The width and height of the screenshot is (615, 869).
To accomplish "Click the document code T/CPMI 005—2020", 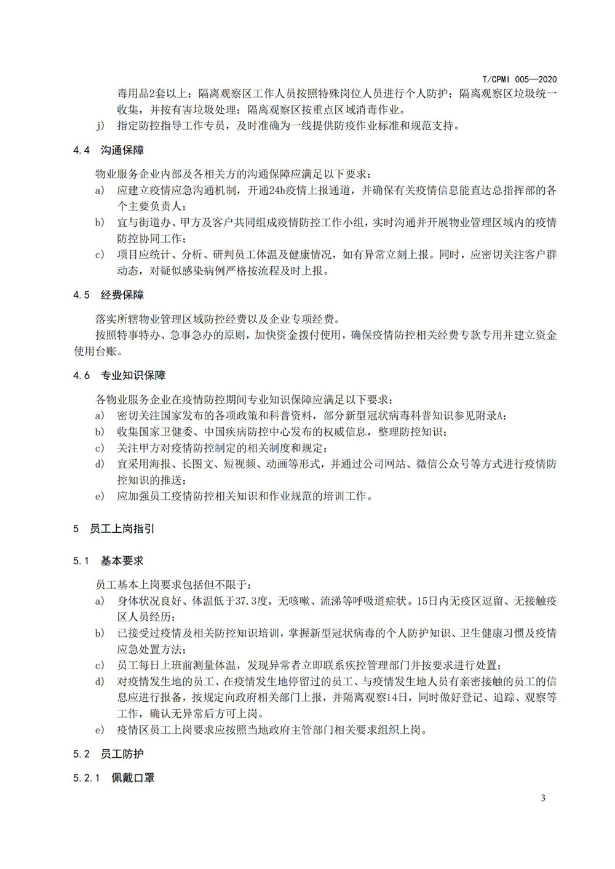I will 519,80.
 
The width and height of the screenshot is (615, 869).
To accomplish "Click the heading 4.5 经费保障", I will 109,295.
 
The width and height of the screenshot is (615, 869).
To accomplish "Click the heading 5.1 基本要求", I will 109,561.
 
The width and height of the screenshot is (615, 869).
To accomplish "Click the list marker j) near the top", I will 99,127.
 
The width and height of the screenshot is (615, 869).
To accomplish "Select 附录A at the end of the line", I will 492,415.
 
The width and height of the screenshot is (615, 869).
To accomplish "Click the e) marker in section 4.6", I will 99,495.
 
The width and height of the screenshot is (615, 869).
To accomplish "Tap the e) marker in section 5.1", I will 99,730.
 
